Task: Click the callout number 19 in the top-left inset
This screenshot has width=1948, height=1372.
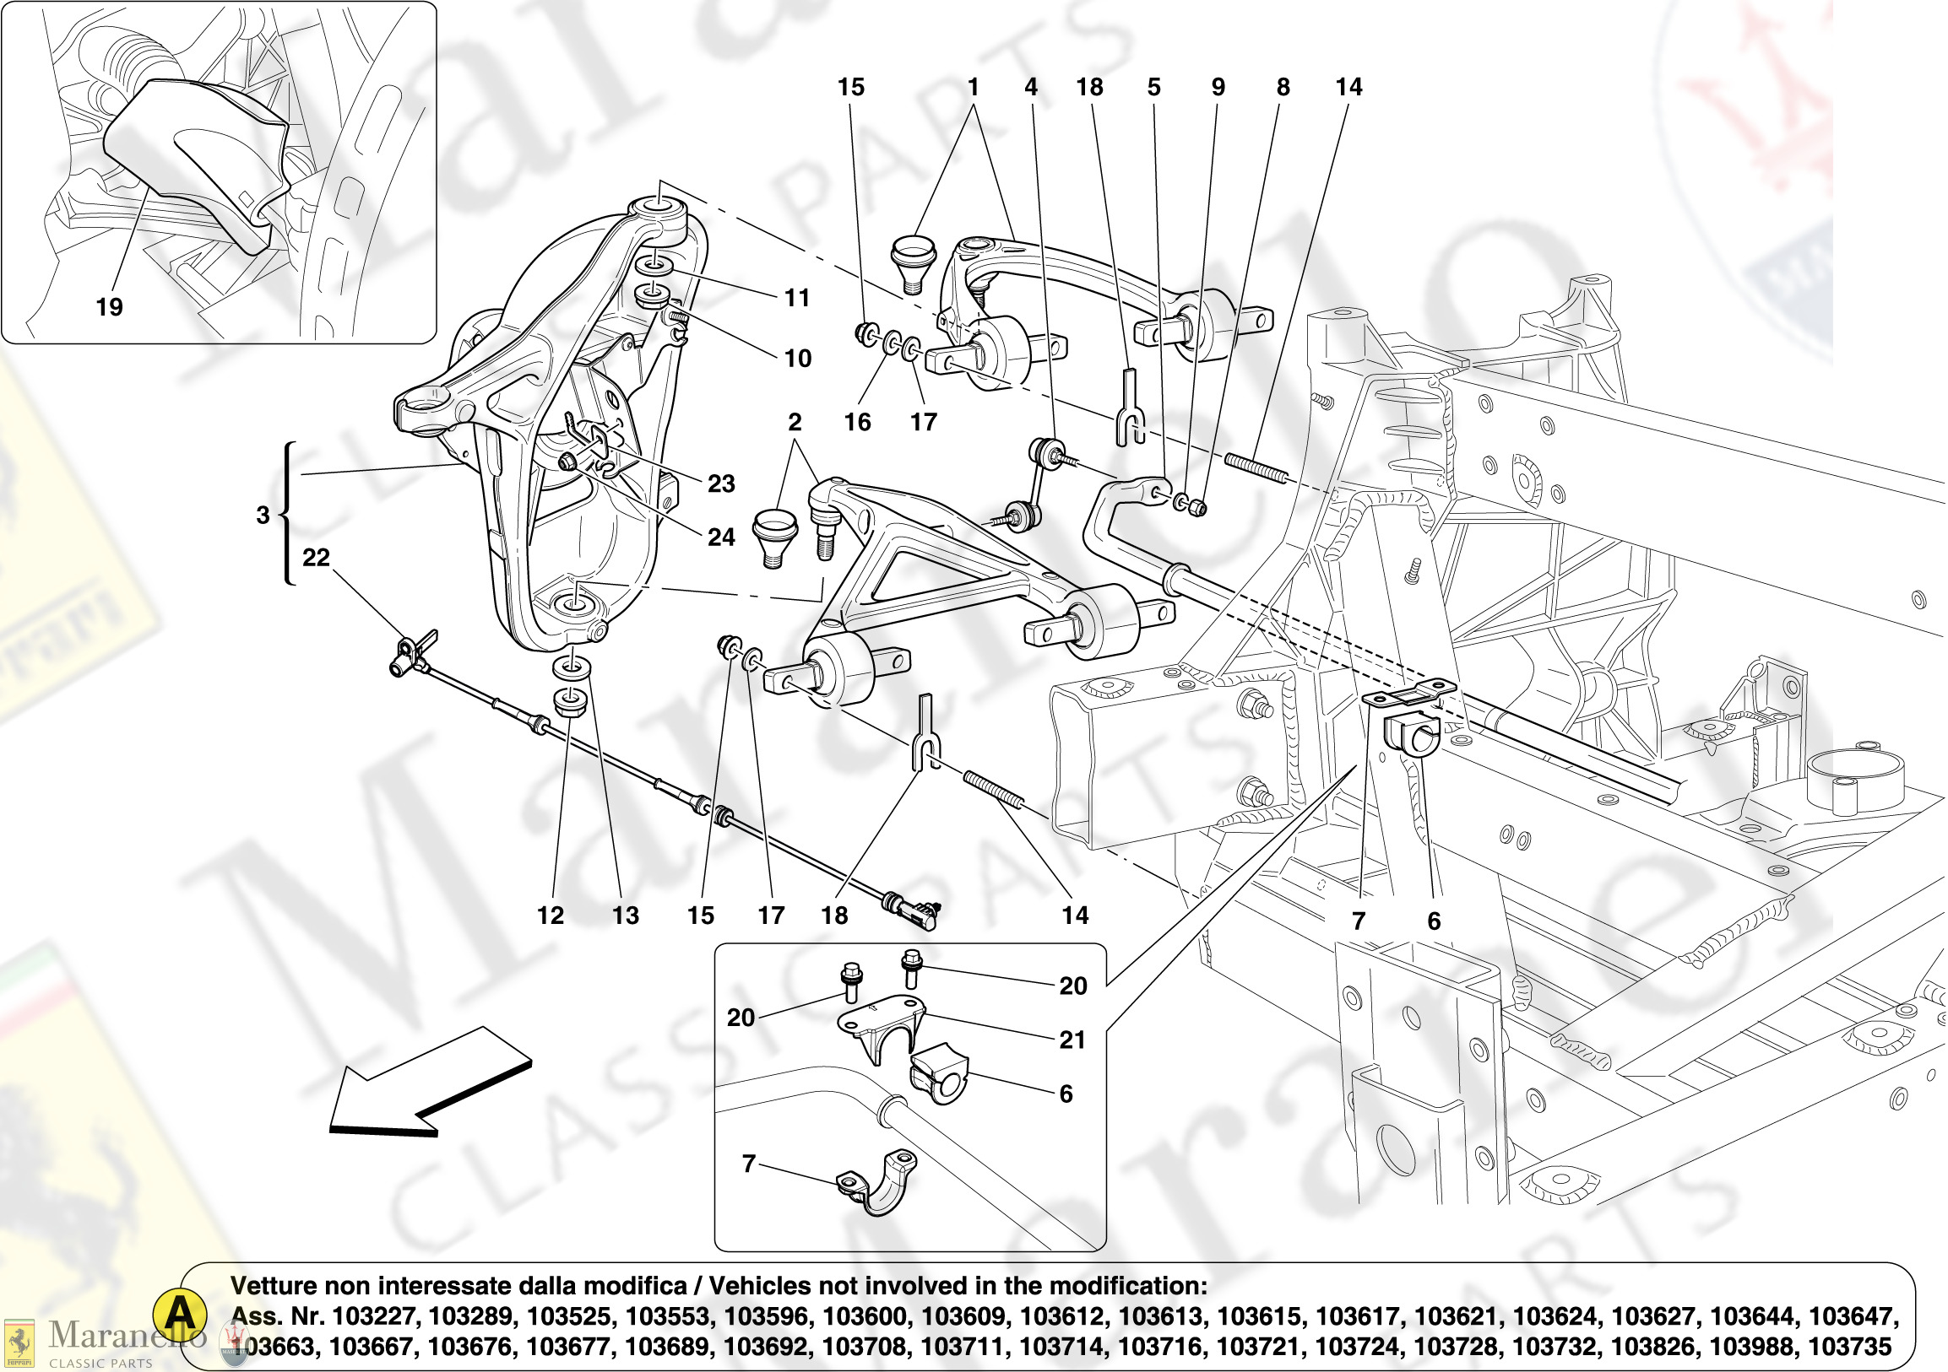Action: click(110, 307)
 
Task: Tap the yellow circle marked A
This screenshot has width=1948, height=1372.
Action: click(180, 1315)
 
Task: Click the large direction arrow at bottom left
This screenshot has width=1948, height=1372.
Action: click(429, 1082)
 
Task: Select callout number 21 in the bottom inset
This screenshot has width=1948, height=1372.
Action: click(1072, 1040)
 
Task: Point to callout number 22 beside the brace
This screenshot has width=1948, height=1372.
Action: click(316, 557)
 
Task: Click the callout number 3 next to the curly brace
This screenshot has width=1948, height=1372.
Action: click(263, 514)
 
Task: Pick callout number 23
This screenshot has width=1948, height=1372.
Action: click(721, 483)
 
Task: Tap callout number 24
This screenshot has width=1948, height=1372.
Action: click(721, 537)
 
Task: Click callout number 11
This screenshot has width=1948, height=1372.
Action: click(796, 298)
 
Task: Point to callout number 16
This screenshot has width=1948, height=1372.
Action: click(857, 421)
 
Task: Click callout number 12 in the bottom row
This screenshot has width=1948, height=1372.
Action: click(550, 915)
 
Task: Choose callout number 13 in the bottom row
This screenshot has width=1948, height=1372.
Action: click(626, 915)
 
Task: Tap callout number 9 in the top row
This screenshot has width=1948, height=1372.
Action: click(1218, 87)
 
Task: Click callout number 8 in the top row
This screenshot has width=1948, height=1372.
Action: click(1283, 87)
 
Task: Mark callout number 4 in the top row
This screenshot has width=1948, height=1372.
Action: click(1031, 87)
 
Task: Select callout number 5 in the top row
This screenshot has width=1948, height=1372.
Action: click(1154, 87)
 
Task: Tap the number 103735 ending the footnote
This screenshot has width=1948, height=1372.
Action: click(1849, 1347)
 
